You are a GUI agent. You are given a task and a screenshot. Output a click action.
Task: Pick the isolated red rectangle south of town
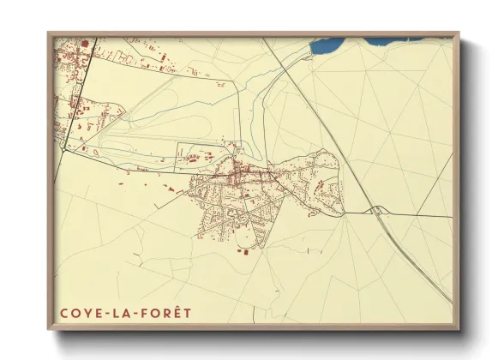[241, 252]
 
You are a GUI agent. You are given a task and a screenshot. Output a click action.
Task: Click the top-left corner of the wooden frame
[49, 33]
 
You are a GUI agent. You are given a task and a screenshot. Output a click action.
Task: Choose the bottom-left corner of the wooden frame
[49, 328]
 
